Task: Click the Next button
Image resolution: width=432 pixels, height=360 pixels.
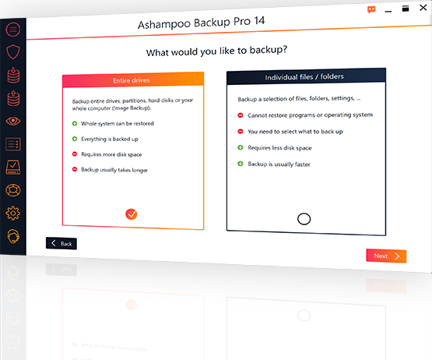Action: pos(386,256)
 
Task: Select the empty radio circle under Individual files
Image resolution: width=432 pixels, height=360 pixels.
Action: pos(304,219)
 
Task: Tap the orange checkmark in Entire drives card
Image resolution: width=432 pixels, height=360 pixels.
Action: pos(131,214)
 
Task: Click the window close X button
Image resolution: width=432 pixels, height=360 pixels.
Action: pos(423,8)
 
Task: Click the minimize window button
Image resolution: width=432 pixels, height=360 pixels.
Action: pos(388,12)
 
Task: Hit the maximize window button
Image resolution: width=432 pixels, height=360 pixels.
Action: pos(406,9)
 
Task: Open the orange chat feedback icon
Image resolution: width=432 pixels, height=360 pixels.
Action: pos(371,10)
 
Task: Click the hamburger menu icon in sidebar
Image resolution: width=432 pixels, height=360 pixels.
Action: pos(13,30)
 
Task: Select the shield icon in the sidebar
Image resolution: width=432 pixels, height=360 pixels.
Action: pos(13,52)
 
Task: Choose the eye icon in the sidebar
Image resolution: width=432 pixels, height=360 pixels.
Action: pos(13,121)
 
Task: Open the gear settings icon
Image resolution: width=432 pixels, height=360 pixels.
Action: pos(13,214)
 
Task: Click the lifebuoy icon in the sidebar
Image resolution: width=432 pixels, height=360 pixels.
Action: pos(13,190)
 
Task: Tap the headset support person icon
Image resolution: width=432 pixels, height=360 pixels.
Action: pos(13,236)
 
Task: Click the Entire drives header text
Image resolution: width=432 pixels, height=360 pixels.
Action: pos(131,80)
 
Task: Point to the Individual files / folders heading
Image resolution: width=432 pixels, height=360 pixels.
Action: pos(304,76)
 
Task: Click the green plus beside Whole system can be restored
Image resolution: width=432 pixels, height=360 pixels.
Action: pos(75,123)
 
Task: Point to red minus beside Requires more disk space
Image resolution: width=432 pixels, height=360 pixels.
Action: pos(75,154)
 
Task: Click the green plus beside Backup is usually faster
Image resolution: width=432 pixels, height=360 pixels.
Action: pos(241,164)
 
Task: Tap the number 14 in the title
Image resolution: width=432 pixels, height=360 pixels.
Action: pos(259,21)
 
